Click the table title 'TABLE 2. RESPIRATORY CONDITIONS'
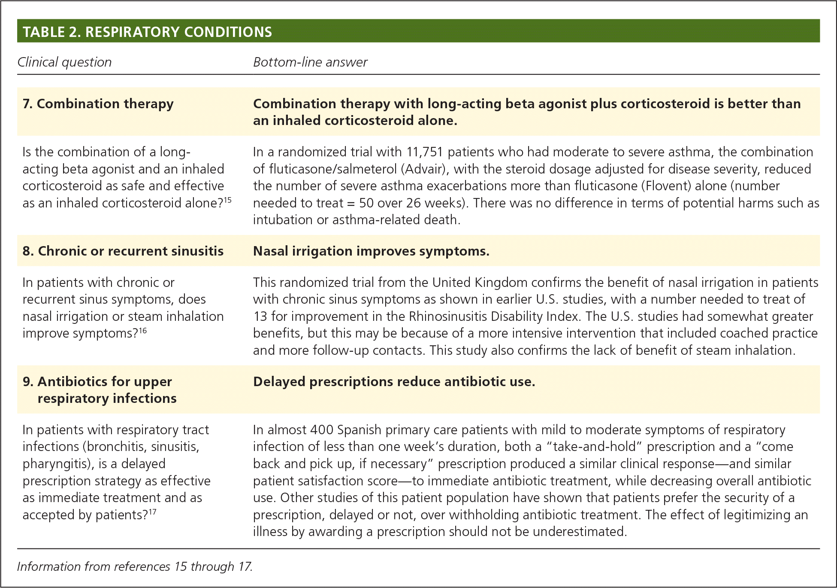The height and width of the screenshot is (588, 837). click(x=147, y=32)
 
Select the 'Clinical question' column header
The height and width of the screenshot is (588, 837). click(x=64, y=62)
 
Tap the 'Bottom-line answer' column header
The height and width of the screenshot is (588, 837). click(x=310, y=62)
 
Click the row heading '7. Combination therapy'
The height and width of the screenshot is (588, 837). click(x=98, y=104)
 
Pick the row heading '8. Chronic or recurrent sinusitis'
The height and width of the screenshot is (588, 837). click(x=123, y=251)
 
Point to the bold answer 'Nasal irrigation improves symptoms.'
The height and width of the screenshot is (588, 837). click(x=371, y=251)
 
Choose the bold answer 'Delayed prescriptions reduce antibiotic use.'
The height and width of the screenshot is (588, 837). click(x=394, y=382)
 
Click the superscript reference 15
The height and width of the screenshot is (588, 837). click(x=228, y=200)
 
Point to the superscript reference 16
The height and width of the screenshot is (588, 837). click(x=143, y=330)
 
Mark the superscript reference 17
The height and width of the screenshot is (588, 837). click(x=152, y=512)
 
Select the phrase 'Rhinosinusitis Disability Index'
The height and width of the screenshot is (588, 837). click(x=493, y=317)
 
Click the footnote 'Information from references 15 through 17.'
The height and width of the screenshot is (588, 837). click(x=135, y=567)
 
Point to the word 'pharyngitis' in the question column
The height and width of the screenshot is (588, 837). click(x=59, y=464)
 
